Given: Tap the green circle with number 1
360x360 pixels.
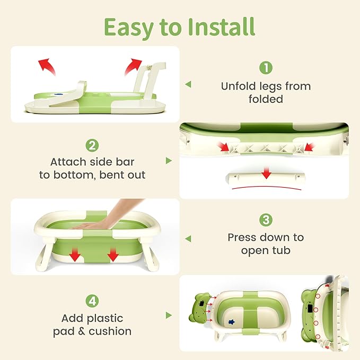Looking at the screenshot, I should [x=265, y=68].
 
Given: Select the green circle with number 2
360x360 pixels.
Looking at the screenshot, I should [x=92, y=144].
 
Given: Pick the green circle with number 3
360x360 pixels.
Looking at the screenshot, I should [x=266, y=220].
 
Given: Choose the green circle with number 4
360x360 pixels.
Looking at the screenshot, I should [x=92, y=301].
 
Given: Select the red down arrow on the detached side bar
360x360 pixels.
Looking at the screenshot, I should [x=267, y=173].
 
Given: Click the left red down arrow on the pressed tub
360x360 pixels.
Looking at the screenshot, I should [x=75, y=256].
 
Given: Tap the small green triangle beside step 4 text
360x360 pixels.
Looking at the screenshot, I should [x=169, y=315].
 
